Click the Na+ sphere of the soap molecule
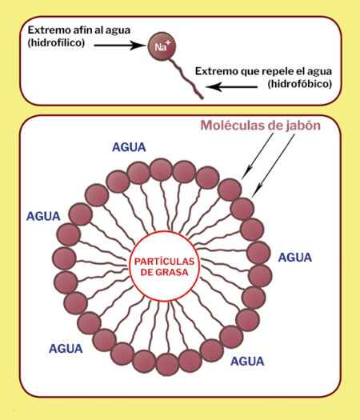tap(162, 46)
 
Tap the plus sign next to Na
tap(168, 42)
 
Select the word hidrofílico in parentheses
tap(56, 42)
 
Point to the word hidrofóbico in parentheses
tap(300, 84)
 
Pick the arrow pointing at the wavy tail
tap(232, 86)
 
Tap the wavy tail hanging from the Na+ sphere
tap(186, 78)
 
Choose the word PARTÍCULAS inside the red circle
tap(165, 261)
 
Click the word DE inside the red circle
tap(146, 273)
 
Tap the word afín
tap(82, 30)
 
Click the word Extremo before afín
tap(49, 30)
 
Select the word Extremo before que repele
tap(216, 71)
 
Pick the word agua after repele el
tap(319, 72)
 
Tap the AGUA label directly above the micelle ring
tap(129, 147)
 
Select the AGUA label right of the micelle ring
tap(295, 258)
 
